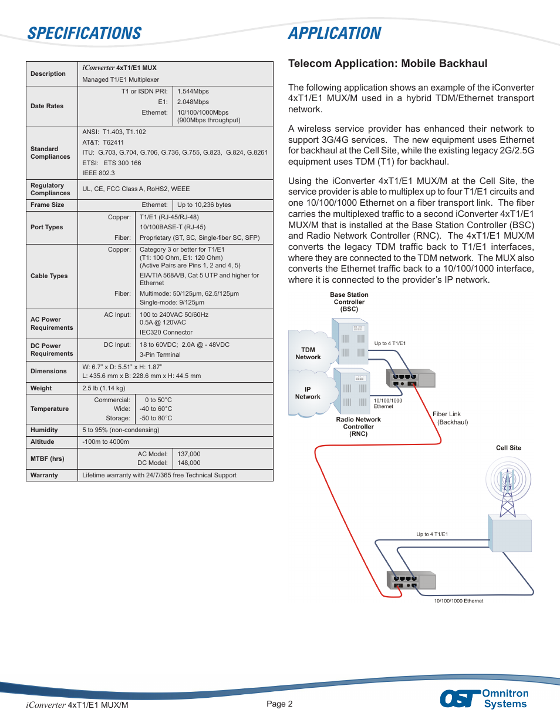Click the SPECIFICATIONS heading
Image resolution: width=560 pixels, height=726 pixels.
85,34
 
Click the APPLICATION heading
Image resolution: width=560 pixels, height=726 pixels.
335,34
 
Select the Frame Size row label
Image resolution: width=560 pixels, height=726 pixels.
48,205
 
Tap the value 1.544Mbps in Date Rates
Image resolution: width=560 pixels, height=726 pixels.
193,92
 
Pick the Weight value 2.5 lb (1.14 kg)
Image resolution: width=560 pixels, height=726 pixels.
104,389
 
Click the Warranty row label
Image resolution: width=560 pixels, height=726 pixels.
45,476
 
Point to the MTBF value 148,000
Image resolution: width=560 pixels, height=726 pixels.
189,463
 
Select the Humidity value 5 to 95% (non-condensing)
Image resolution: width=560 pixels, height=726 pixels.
121,430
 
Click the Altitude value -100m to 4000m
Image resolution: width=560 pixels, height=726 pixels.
106,442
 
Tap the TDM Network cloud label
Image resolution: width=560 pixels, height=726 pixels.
308,353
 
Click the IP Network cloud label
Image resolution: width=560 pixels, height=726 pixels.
308,393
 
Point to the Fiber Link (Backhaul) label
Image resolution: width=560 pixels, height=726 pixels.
450,418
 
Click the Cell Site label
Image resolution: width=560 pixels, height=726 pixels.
508,448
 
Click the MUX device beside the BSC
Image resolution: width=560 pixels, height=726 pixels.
410,379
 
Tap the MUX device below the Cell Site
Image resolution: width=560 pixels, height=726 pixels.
411,580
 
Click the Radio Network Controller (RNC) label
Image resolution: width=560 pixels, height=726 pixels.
358,427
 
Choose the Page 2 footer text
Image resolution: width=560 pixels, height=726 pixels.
279,704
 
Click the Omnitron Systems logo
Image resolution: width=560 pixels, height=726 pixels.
484,698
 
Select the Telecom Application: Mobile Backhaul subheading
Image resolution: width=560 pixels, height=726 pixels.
387,63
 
